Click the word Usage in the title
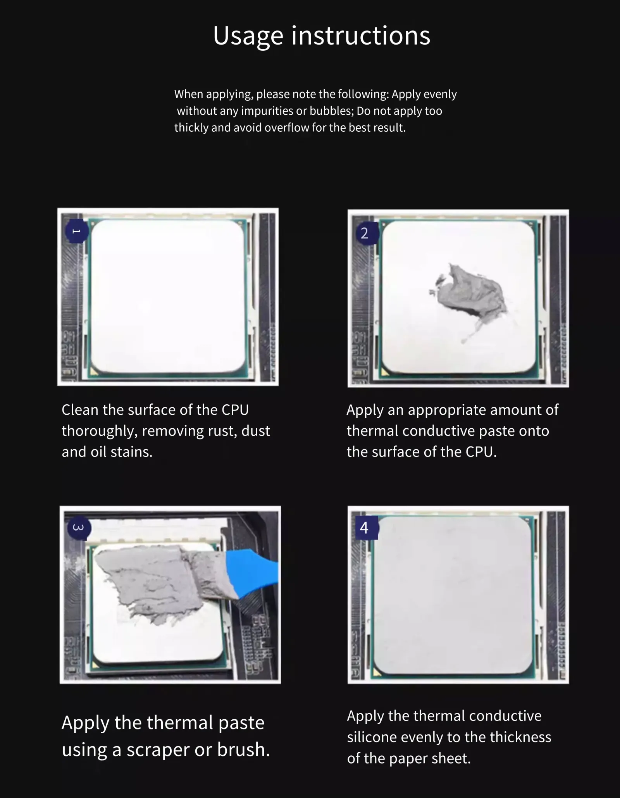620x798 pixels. point(248,36)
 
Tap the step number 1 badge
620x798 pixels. point(77,231)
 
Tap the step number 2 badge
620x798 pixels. point(364,233)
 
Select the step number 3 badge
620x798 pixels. point(79,527)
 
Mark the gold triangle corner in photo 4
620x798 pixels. point(377,671)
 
